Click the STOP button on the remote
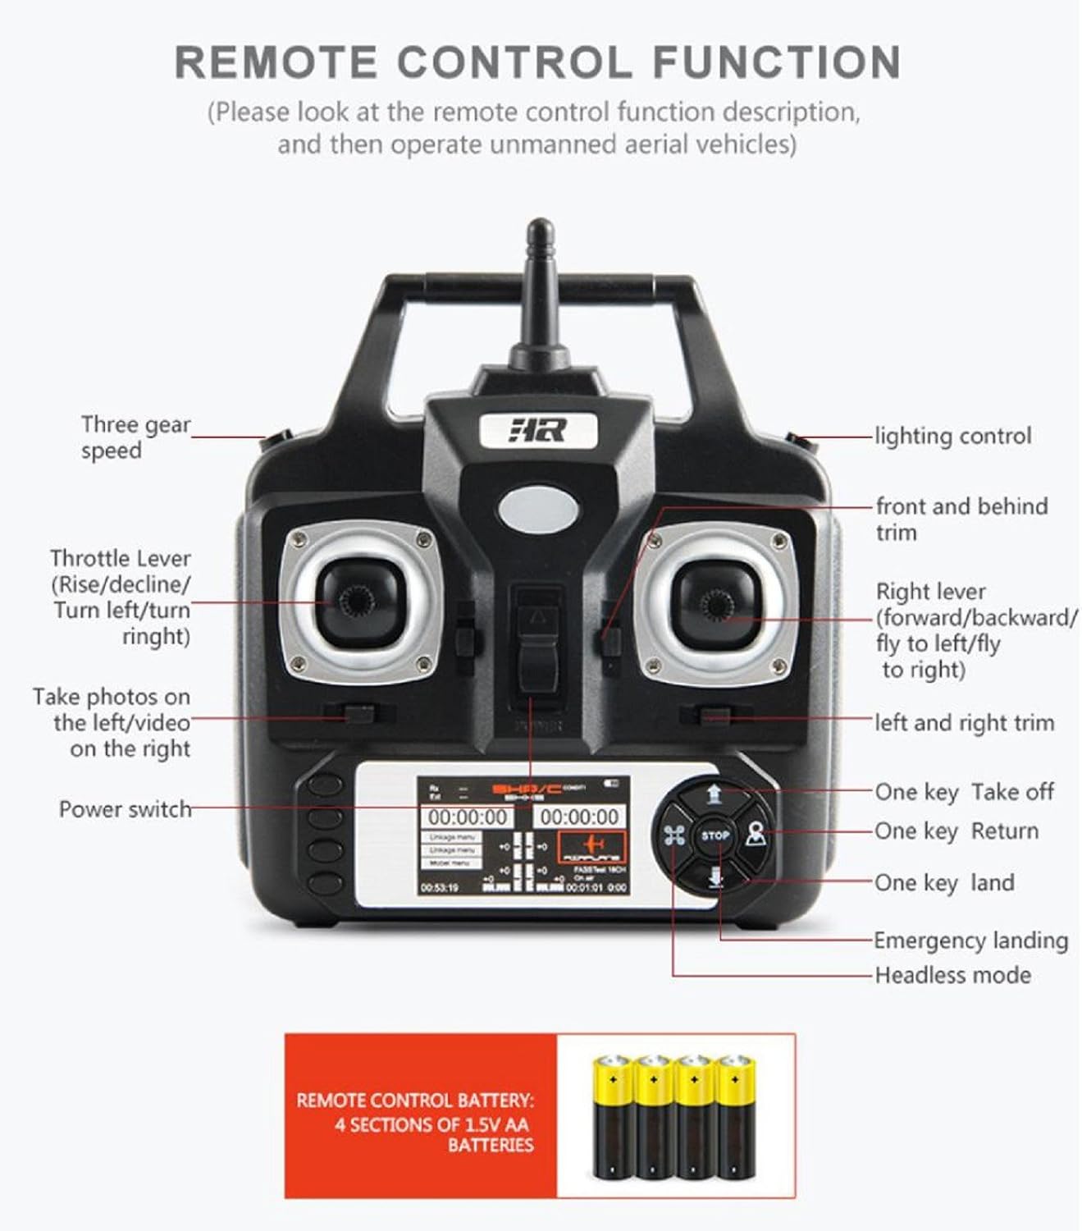click(714, 835)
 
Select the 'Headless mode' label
click(952, 975)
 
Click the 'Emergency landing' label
click(970, 940)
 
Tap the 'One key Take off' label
click(964, 792)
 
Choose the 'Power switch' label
click(125, 809)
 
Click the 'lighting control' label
click(952, 436)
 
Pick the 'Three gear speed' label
click(135, 437)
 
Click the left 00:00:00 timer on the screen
click(468, 817)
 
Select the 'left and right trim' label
click(964, 723)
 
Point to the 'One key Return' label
click(956, 831)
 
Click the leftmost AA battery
click(612, 1117)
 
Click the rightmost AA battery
click(735, 1117)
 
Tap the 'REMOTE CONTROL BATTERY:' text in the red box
click(414, 1100)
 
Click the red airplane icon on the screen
click(593, 845)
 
